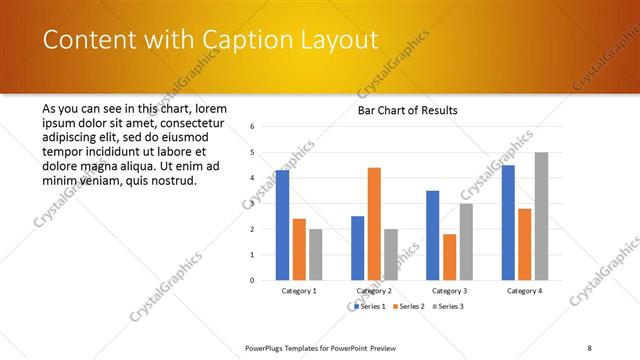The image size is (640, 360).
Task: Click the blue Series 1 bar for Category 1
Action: pos(282,225)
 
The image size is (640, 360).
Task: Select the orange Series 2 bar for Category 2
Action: pos(374,224)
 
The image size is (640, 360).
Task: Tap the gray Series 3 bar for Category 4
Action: pos(541,216)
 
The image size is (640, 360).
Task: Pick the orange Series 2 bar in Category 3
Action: pos(449,257)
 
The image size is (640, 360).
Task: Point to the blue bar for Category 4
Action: pos(508,222)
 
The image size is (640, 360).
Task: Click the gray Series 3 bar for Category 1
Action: pos(315,254)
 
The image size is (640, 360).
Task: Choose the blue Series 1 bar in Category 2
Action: pos(358,248)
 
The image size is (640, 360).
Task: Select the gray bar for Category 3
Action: pos(466,241)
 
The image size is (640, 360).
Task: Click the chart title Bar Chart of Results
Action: pos(407,110)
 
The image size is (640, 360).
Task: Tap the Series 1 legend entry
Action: pos(371,306)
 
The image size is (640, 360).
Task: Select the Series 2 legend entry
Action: pos(410,306)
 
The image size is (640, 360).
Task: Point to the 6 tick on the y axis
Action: pos(253,127)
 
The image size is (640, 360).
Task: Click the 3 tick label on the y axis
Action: pos(253,204)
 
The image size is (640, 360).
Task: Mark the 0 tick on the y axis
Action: pos(253,280)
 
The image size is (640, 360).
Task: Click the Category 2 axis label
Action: pos(374,291)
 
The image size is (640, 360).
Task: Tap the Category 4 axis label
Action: pos(524,291)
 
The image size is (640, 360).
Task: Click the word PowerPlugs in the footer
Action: pos(267,347)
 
